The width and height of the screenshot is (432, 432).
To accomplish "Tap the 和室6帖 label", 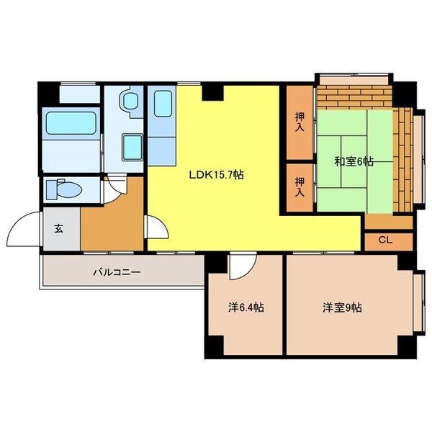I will (x=353, y=161).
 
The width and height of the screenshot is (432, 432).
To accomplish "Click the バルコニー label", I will (x=115, y=273).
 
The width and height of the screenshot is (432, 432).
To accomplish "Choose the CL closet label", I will (x=384, y=240).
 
